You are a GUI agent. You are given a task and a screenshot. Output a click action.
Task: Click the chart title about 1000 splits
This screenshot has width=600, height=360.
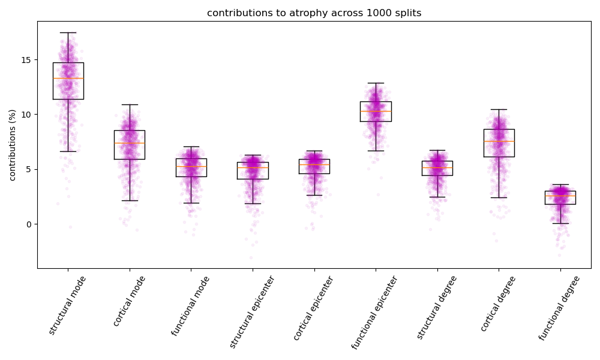click(314, 13)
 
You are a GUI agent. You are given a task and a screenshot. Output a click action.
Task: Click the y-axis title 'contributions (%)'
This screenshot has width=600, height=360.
click(13, 145)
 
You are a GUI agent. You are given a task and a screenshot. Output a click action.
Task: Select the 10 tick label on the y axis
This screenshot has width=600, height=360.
click(27, 115)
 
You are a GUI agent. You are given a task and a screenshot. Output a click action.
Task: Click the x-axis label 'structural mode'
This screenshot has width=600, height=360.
click(67, 305)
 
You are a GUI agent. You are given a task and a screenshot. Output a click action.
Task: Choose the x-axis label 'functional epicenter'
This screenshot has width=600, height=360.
click(374, 312)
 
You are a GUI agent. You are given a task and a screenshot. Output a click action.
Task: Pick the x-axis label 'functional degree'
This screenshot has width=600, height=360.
click(559, 308)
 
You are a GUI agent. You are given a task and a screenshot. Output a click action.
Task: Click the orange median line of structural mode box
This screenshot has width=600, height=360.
click(68, 78)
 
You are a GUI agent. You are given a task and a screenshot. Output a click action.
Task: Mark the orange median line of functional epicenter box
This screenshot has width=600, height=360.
click(376, 111)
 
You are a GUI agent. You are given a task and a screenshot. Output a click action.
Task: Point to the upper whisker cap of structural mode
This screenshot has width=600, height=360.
click(68, 32)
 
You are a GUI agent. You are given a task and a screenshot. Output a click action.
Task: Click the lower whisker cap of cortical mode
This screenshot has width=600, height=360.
click(130, 200)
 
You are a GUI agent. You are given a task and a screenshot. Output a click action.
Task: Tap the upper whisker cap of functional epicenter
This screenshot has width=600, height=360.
click(376, 83)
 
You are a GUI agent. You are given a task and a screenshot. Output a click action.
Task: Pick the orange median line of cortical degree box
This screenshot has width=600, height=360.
click(499, 141)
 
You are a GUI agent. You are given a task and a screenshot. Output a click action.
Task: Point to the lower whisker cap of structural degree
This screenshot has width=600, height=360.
click(437, 197)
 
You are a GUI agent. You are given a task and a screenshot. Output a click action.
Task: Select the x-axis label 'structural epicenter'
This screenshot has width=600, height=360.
click(252, 311)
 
